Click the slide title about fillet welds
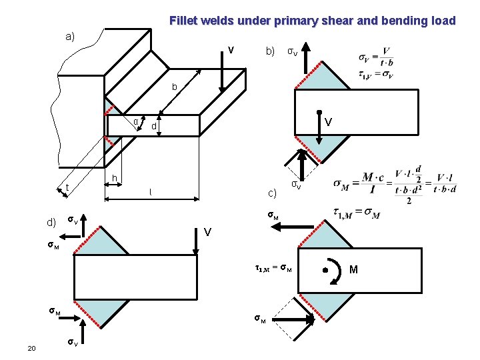coord(312,21)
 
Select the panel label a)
coord(70,37)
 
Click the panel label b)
coord(270,51)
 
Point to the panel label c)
coord(272,194)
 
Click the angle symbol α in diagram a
coord(135,121)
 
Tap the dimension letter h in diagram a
coord(115,177)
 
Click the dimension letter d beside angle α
coord(153,126)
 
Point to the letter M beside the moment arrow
coord(353,269)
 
